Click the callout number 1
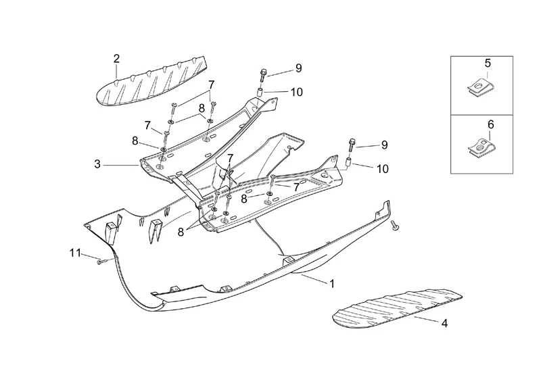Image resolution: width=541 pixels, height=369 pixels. click(x=331, y=284)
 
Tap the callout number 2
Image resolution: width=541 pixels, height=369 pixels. click(x=116, y=58)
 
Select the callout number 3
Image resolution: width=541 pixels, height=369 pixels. click(x=97, y=164)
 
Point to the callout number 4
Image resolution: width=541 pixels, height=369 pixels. click(x=444, y=324)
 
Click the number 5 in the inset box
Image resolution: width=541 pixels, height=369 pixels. click(x=488, y=63)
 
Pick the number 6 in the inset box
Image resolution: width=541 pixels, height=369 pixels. click(x=490, y=124)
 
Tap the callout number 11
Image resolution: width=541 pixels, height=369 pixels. click(x=75, y=253)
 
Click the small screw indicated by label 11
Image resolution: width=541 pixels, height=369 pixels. click(x=101, y=260)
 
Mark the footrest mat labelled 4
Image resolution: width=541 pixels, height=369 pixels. click(x=396, y=307)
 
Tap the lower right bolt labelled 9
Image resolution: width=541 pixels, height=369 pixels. click(x=352, y=145)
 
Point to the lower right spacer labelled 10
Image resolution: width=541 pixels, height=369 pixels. click(x=350, y=163)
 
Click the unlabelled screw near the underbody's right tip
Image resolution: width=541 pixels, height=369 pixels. click(x=396, y=228)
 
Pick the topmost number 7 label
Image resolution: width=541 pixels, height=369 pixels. click(x=211, y=84)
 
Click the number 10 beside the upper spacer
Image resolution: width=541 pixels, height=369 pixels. click(x=297, y=91)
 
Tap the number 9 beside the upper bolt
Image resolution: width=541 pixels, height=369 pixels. click(x=298, y=68)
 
